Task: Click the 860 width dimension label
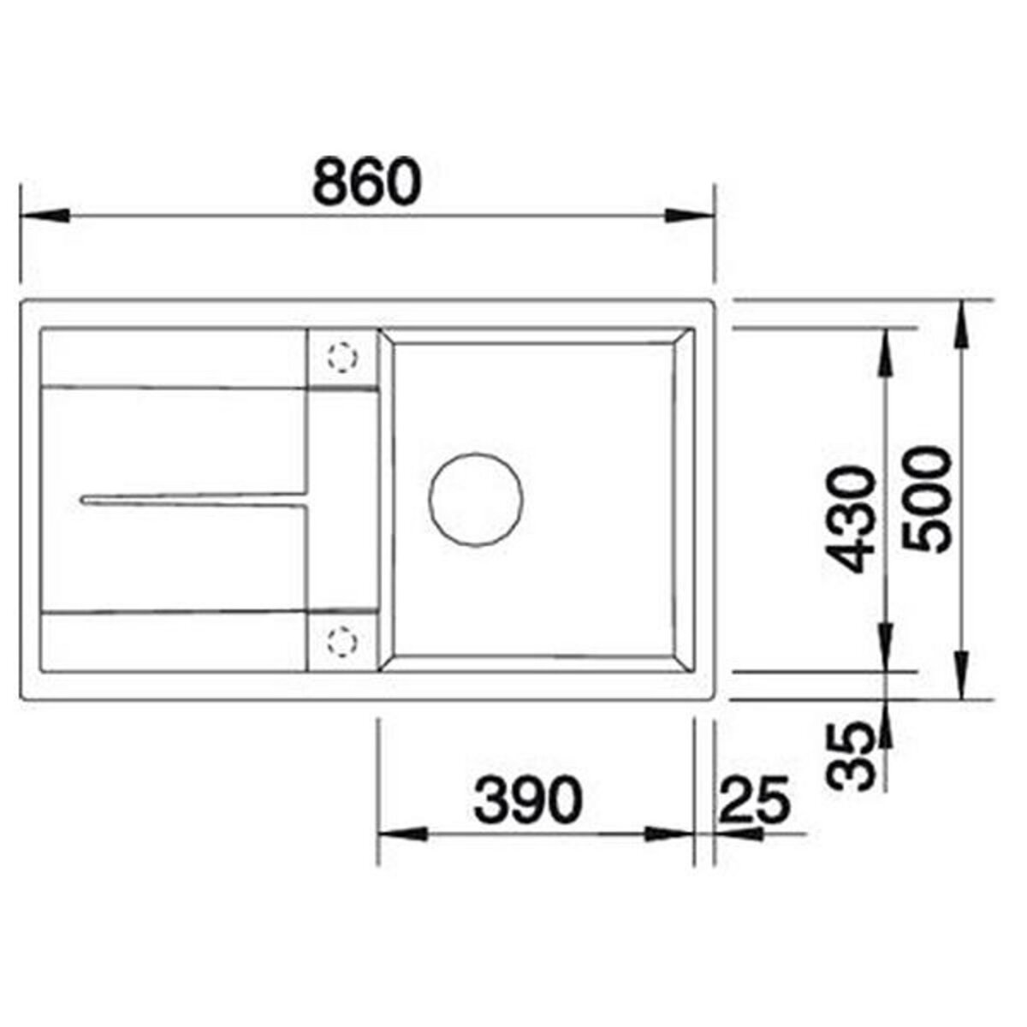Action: (x=366, y=181)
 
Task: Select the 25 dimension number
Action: (x=752, y=800)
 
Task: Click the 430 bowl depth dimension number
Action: (x=854, y=519)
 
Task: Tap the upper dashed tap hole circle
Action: (x=340, y=358)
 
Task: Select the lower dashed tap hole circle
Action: (x=341, y=640)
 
